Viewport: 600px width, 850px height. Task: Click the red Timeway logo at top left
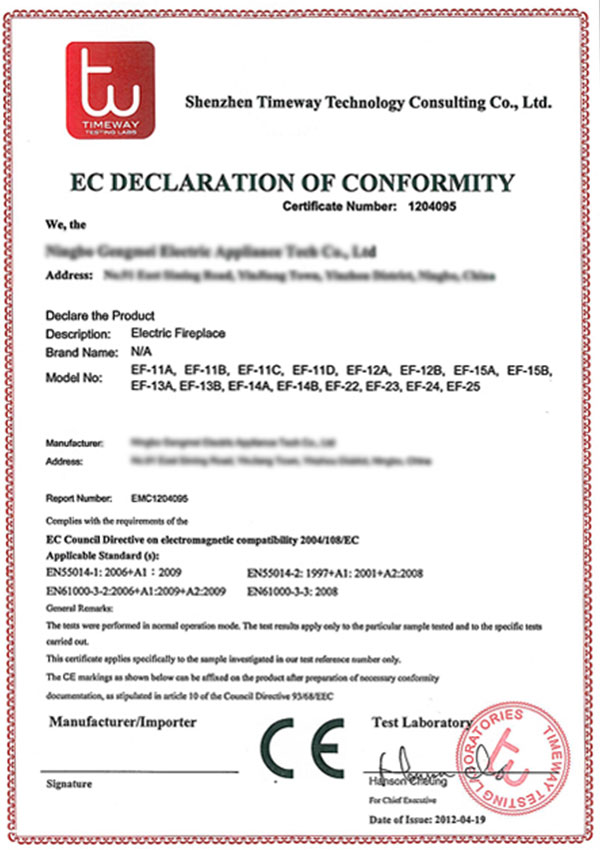click(x=109, y=89)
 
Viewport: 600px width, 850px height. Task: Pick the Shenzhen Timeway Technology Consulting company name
click(x=369, y=102)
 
